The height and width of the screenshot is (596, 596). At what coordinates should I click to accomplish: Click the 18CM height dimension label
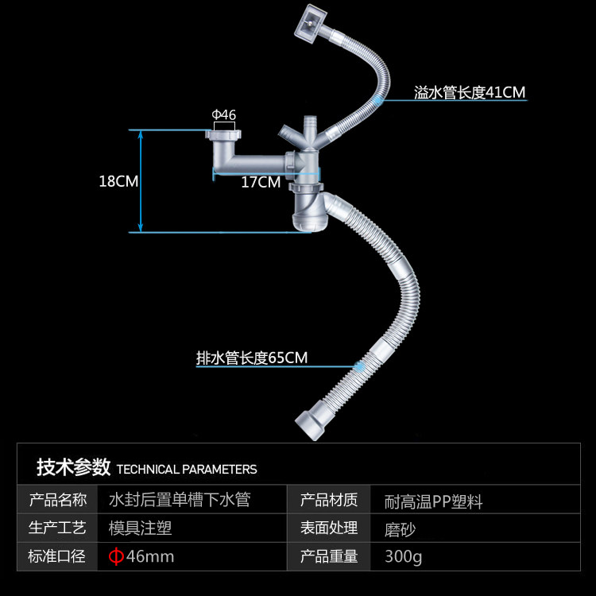pyautogui.click(x=118, y=180)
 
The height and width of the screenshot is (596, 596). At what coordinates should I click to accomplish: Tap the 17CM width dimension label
pyautogui.click(x=261, y=182)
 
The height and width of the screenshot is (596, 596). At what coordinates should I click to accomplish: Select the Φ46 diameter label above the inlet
pyautogui.click(x=224, y=114)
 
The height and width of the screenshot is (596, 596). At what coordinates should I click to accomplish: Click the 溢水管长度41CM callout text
pyautogui.click(x=470, y=93)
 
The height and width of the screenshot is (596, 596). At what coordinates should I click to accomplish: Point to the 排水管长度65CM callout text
pyautogui.click(x=252, y=358)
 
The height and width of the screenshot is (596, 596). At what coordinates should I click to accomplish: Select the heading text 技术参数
pyautogui.click(x=72, y=467)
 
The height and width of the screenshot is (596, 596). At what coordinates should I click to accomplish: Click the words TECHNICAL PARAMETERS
pyautogui.click(x=187, y=469)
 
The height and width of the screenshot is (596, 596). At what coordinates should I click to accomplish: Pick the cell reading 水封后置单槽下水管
pyautogui.click(x=180, y=500)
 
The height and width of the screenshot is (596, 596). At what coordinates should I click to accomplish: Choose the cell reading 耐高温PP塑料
pyautogui.click(x=433, y=501)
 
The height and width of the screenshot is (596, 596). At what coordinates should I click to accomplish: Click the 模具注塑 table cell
pyautogui.click(x=141, y=528)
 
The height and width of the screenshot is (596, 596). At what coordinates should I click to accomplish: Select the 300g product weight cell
pyautogui.click(x=403, y=556)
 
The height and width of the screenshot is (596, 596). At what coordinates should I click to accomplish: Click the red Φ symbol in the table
pyautogui.click(x=116, y=556)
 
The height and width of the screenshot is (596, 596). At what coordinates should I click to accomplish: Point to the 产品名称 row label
pyautogui.click(x=58, y=500)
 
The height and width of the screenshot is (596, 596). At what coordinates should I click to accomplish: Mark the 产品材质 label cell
pyautogui.click(x=328, y=500)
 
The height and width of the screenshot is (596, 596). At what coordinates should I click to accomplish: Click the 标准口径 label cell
pyautogui.click(x=58, y=556)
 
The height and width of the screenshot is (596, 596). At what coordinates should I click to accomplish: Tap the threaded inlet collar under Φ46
pyautogui.click(x=225, y=138)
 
